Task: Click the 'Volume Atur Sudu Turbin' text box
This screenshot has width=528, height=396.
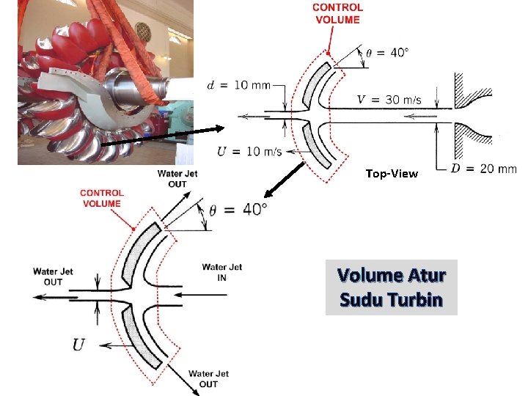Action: coord(391,287)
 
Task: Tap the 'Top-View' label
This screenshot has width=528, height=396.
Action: coord(392,174)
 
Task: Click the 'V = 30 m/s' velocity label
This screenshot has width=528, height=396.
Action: coord(389,100)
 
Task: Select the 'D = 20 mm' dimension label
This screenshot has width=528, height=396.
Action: coord(483,169)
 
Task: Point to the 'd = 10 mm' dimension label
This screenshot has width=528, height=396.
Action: coord(238,85)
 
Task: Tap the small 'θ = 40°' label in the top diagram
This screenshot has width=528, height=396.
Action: coord(387,53)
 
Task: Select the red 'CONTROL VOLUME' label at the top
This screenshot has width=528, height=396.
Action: coord(337,13)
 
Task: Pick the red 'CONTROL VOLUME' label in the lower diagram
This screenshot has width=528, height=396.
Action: coord(103,198)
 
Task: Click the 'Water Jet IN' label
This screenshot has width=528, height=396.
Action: coord(221,271)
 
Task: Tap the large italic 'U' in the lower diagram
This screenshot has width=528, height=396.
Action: coord(78,345)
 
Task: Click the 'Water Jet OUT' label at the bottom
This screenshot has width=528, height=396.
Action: coord(208,378)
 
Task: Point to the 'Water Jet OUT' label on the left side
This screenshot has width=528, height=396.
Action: coord(53,276)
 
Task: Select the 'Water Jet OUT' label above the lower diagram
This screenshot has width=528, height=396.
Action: coord(177,178)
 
